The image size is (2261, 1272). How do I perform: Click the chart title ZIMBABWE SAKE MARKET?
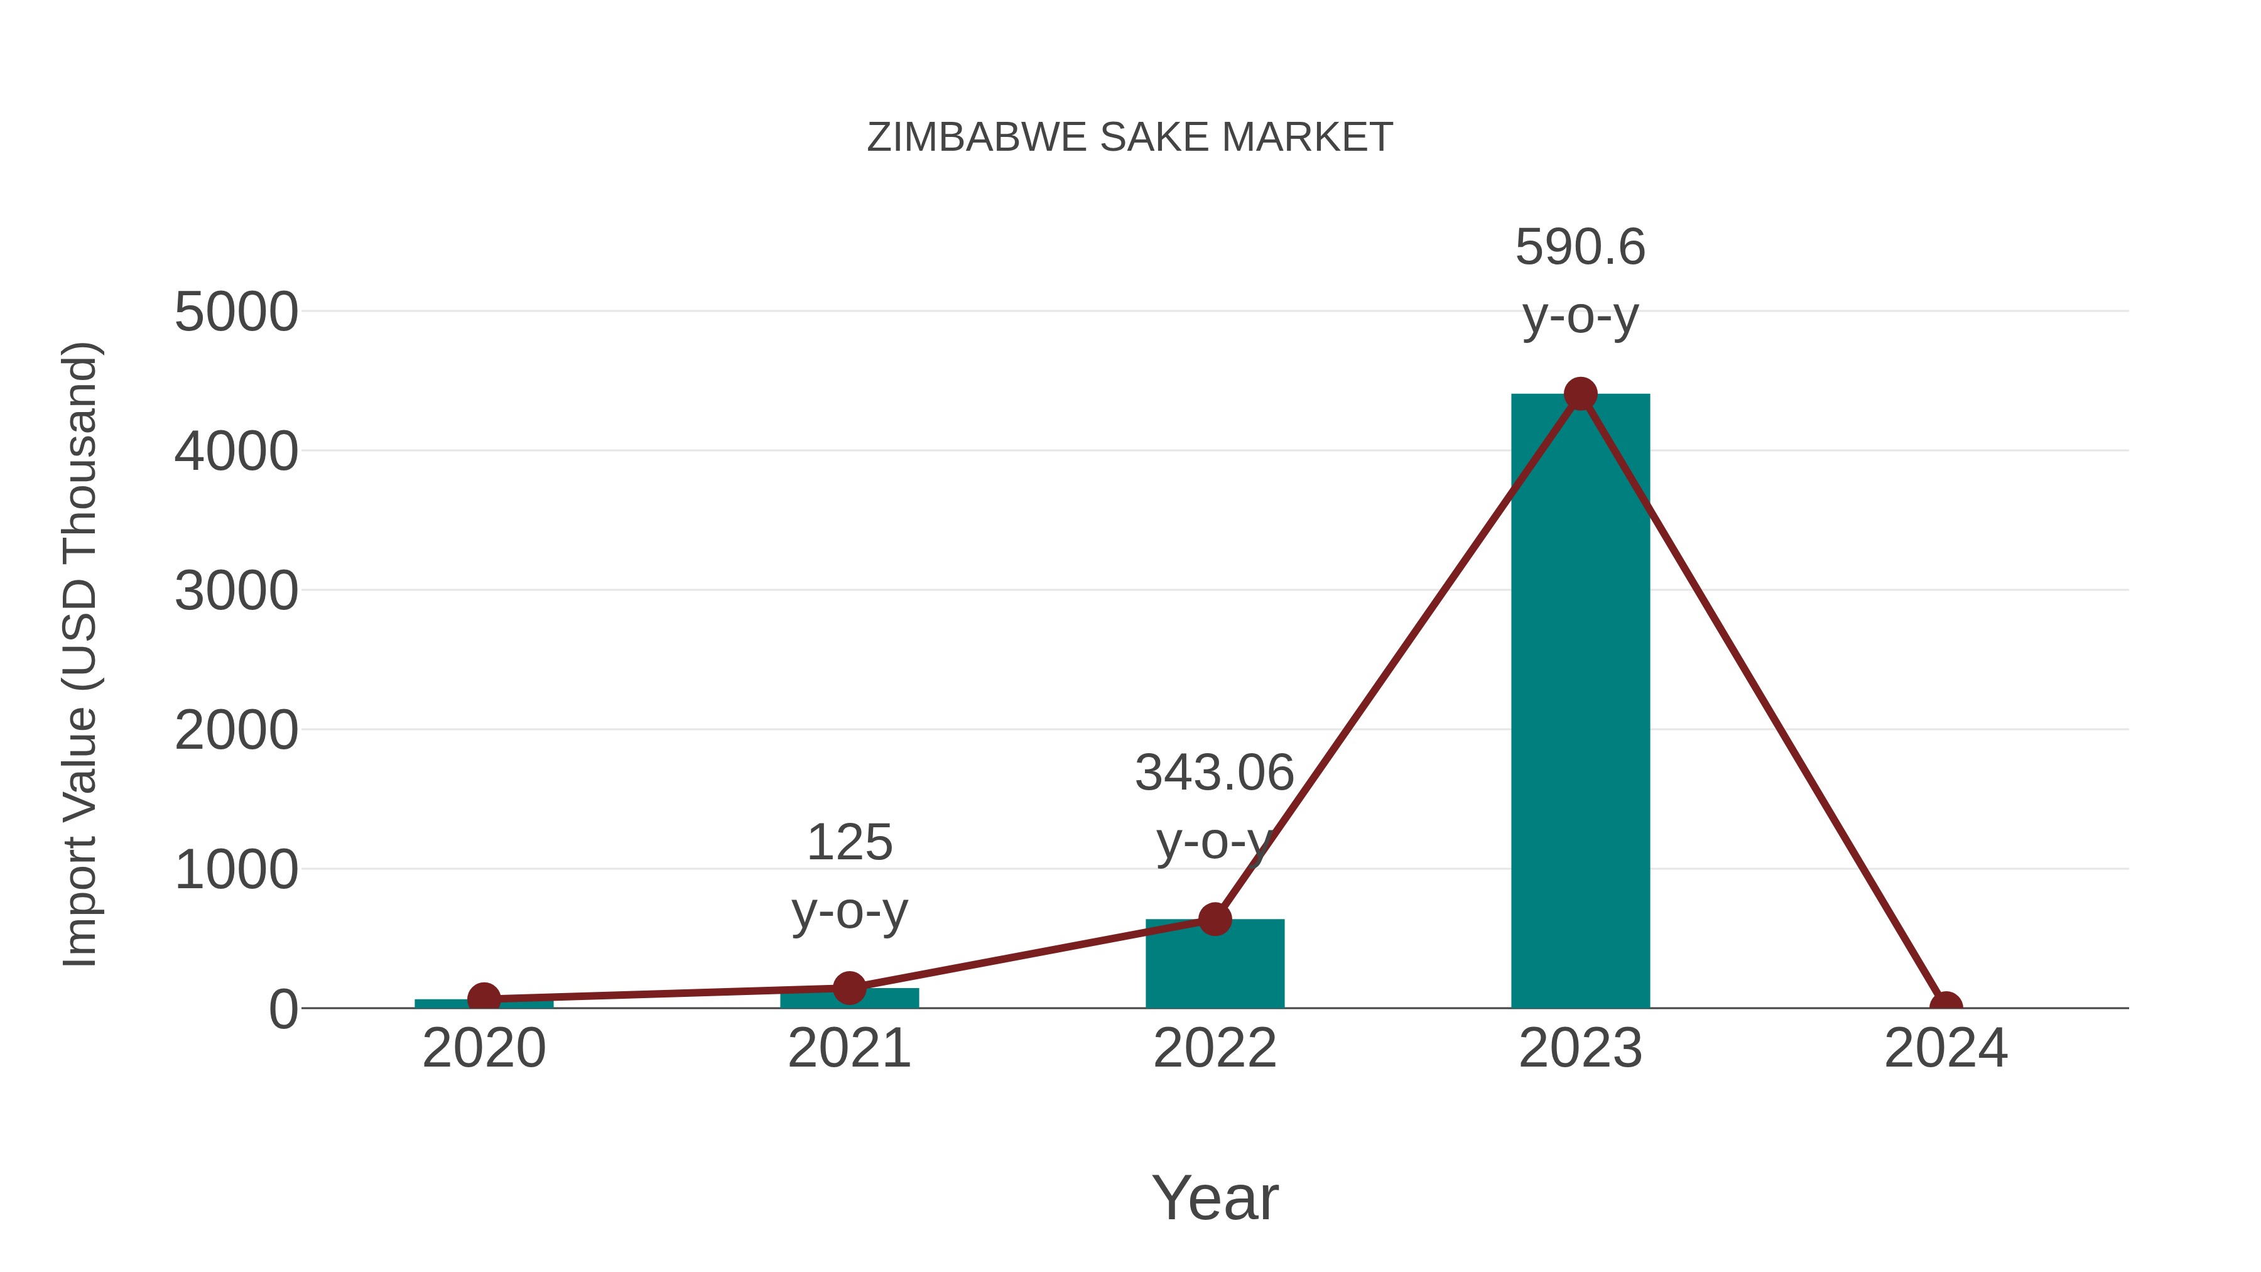tap(1130, 138)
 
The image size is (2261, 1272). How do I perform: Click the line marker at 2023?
tap(1580, 394)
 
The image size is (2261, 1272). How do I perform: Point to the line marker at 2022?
tap(1215, 919)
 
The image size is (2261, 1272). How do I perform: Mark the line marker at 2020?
tap(484, 998)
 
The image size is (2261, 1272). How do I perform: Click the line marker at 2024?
tap(1945, 1006)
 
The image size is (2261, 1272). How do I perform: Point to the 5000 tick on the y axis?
tap(236, 313)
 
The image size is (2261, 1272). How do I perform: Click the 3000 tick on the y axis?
tap(236, 592)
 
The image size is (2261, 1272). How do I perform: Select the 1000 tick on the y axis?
tap(236, 871)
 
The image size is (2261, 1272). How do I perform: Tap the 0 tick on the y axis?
tap(283, 1009)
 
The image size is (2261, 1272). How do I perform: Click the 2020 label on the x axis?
tap(484, 1049)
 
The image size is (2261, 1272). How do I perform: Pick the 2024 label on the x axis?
tap(1945, 1049)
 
